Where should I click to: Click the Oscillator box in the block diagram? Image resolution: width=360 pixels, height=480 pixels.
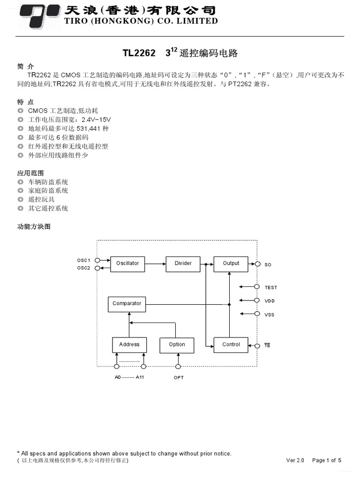[x=127, y=263]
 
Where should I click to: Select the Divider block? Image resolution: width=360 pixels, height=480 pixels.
[x=183, y=263]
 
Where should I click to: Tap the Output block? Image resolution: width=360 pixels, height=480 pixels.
[x=231, y=263]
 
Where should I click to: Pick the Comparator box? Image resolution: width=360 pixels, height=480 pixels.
[x=127, y=304]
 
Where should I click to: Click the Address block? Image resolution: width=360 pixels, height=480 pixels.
[x=129, y=345]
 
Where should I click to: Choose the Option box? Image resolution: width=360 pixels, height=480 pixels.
[x=177, y=345]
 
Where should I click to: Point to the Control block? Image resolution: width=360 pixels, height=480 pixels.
[x=231, y=345]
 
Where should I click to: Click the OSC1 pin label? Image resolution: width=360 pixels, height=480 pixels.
[x=84, y=260]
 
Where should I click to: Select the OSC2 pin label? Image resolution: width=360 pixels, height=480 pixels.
[x=84, y=268]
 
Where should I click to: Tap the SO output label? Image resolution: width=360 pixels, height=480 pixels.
[x=268, y=265]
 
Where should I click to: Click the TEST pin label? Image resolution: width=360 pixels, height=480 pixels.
[x=270, y=287]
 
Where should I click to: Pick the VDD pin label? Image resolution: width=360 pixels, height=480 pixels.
[x=270, y=301]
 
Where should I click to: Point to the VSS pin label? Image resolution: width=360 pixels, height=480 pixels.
[x=269, y=315]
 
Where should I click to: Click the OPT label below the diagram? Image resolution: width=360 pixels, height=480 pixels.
[x=179, y=378]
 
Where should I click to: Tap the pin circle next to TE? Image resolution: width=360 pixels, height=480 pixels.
[x=257, y=346]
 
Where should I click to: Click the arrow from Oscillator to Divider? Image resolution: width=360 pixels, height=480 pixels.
[x=155, y=264]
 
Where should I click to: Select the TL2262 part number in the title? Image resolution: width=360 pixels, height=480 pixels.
[x=139, y=53]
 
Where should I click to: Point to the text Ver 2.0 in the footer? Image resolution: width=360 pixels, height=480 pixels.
[x=295, y=460]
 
